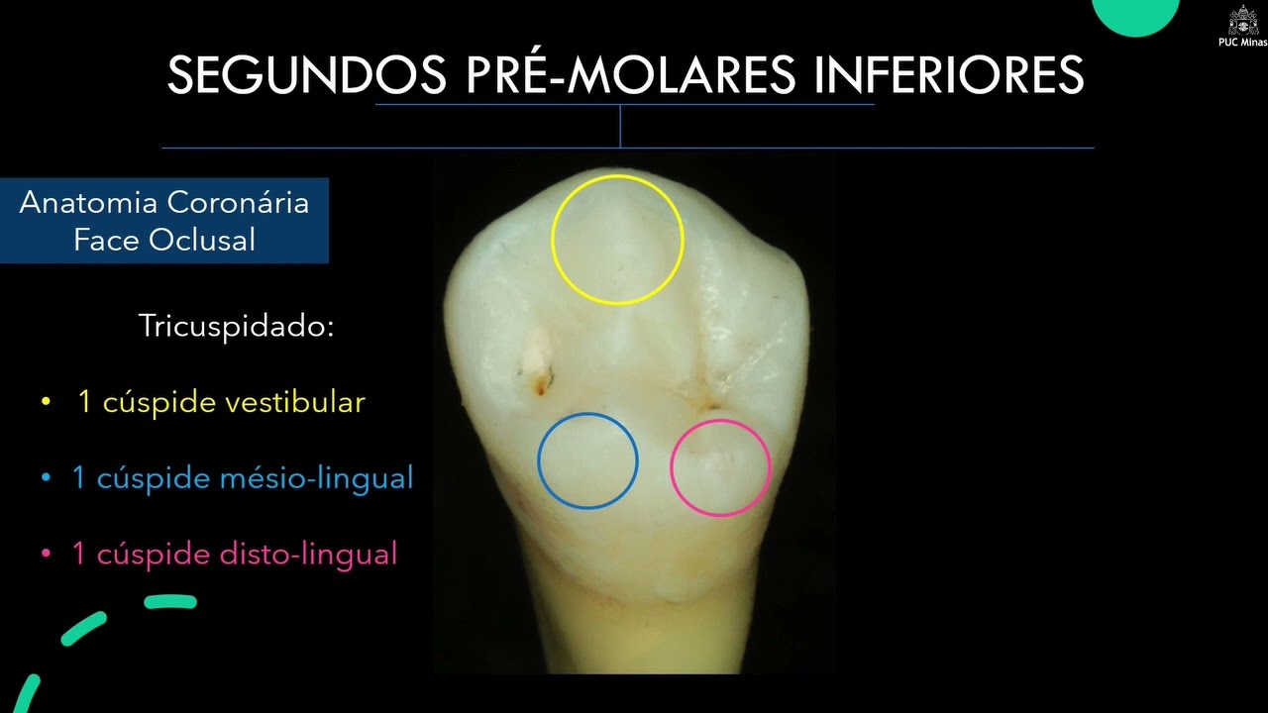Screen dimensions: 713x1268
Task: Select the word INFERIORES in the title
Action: click(949, 75)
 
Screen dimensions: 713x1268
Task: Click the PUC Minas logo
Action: click(1243, 24)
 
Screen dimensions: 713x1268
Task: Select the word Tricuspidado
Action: click(237, 327)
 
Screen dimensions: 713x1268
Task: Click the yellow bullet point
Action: click(46, 403)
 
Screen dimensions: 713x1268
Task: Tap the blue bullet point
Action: click(46, 479)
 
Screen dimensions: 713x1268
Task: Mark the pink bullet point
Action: click(46, 555)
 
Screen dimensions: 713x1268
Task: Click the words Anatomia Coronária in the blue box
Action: click(164, 203)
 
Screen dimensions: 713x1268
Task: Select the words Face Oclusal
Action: click(164, 239)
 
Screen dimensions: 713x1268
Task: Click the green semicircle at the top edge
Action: click(1135, 14)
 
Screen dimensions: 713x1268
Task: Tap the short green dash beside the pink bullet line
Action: click(170, 601)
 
